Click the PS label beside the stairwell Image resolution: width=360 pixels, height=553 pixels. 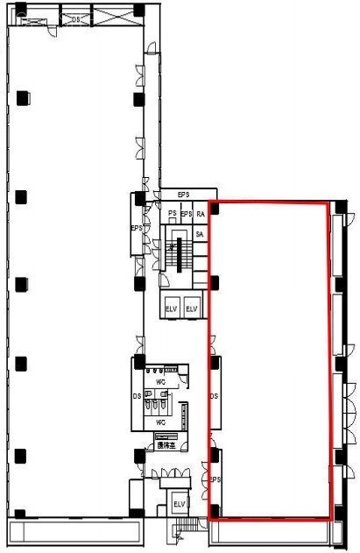(x=173, y=214)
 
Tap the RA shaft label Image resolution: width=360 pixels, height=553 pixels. (x=201, y=214)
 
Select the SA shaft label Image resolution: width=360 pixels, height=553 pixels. (x=200, y=234)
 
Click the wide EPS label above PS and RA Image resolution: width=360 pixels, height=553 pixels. (x=184, y=195)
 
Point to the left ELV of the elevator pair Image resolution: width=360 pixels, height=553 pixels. (x=172, y=308)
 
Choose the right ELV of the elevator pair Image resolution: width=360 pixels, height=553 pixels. (x=192, y=308)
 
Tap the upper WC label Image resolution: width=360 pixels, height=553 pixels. (x=161, y=382)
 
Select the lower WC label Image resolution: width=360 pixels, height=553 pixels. (x=160, y=422)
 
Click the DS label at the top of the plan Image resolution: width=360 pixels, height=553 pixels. (x=76, y=18)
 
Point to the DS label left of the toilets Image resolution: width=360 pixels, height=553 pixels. (x=138, y=397)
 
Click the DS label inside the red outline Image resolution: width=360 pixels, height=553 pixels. (x=214, y=396)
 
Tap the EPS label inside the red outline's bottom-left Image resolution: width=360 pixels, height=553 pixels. (x=215, y=479)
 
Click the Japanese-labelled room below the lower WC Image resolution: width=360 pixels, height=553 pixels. (x=164, y=445)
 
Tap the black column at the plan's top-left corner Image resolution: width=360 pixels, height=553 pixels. (x=20, y=11)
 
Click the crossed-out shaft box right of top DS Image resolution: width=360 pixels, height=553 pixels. (x=109, y=17)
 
